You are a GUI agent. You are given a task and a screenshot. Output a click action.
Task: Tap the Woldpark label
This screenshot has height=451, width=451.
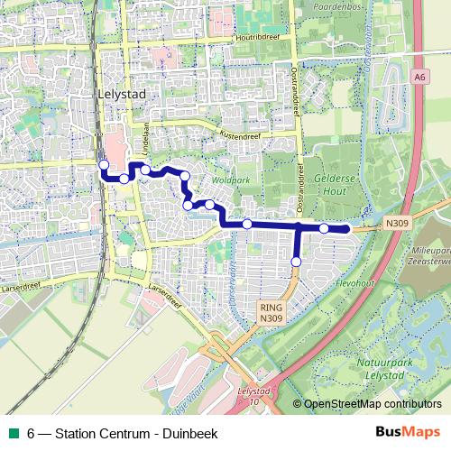pyautogui.click(x=231, y=180)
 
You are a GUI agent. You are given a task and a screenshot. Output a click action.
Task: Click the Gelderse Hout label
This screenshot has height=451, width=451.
pyautogui.click(x=334, y=184)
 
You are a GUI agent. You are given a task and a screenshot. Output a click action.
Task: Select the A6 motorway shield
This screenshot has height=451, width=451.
pyautogui.click(x=420, y=78)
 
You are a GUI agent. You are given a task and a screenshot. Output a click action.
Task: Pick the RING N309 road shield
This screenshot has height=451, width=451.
pyautogui.click(x=270, y=312)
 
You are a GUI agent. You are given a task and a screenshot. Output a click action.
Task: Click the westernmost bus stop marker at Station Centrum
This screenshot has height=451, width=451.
pyautogui.click(x=104, y=164)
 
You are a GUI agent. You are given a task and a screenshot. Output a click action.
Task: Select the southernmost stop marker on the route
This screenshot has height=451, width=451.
pyautogui.click(x=296, y=262)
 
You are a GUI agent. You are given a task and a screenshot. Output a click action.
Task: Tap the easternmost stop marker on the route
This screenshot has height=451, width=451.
pyautogui.click(x=324, y=228)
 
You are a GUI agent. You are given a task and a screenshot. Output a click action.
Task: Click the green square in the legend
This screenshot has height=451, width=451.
pyautogui.click(x=12, y=433)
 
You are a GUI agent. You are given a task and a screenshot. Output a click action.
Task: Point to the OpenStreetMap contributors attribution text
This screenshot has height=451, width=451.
pyautogui.click(x=372, y=404)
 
